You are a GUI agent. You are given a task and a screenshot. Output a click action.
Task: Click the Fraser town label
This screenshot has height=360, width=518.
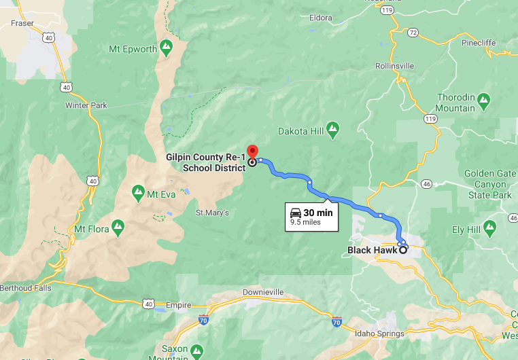point(22,23)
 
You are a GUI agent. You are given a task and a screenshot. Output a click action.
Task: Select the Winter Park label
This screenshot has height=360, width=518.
point(86,105)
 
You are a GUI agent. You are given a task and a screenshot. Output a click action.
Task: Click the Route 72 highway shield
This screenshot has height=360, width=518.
point(413,33)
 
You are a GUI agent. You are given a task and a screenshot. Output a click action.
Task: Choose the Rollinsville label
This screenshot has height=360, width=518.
point(394,66)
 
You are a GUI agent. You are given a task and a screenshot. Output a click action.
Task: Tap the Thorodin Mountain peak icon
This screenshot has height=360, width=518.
point(483,100)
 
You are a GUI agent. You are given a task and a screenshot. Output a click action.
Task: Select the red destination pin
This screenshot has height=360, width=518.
point(252,152)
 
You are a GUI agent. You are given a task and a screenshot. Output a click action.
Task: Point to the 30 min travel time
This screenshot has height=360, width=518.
point(317,213)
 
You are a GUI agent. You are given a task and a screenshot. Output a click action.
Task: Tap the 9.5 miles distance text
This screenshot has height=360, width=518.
point(305,222)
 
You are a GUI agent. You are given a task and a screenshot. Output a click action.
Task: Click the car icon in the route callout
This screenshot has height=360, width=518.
point(296,213)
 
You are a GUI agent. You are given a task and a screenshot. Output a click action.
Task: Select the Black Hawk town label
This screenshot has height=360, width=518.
point(372,250)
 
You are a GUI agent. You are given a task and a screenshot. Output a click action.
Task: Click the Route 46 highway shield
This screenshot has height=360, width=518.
point(426,183)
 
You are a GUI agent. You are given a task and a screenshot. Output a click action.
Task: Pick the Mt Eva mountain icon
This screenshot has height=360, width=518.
point(138,193)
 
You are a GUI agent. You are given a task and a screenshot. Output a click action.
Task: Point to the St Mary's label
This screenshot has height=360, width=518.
point(212,213)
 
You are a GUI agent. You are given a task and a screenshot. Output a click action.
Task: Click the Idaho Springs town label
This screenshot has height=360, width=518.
point(379,334)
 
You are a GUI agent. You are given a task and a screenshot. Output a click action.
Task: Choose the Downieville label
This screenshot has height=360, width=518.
point(263,293)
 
